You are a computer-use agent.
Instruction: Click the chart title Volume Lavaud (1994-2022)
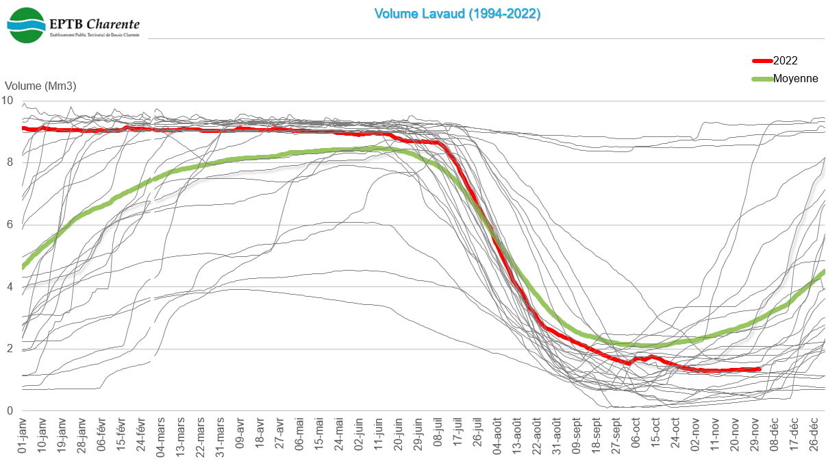tap(457, 13)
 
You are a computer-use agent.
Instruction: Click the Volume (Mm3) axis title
tap(40, 86)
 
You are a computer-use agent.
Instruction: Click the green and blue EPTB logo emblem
tap(26, 25)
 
